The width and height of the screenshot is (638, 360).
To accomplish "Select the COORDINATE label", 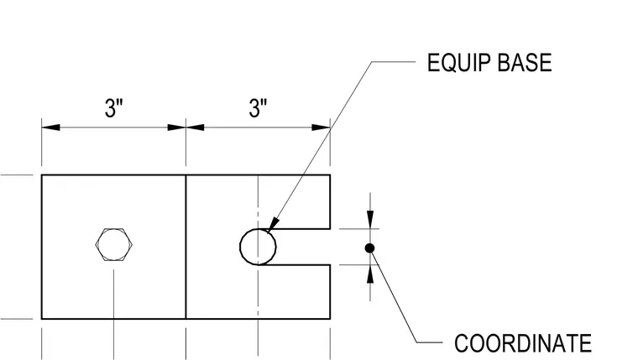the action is [x=523, y=343].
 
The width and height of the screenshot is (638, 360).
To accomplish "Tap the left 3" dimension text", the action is [x=114, y=107].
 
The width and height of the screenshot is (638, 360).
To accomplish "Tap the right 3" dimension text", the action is [x=258, y=107].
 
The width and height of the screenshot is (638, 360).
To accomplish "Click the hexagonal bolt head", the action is [x=114, y=244].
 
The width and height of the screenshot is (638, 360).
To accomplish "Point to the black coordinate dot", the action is [x=369, y=248].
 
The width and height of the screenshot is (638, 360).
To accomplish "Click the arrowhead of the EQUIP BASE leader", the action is [x=273, y=224].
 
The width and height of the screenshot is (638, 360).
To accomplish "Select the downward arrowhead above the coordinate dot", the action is [x=370, y=219].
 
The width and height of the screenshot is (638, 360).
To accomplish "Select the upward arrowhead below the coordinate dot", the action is [x=370, y=274].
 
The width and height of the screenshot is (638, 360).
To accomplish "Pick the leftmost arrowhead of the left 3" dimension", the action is [x=50, y=128].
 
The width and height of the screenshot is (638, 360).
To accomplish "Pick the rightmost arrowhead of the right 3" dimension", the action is [x=321, y=128].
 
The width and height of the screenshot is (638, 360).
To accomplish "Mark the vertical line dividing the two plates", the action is [x=186, y=247].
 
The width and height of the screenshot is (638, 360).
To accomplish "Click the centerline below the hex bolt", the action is [x=114, y=314].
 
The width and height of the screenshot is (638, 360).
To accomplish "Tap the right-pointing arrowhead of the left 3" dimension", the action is [x=176, y=128].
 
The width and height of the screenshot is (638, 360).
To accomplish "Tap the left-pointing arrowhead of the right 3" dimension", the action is [x=196, y=128].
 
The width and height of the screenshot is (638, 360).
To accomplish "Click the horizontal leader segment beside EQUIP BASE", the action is [x=394, y=62].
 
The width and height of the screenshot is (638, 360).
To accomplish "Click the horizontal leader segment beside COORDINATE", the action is [x=430, y=342].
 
